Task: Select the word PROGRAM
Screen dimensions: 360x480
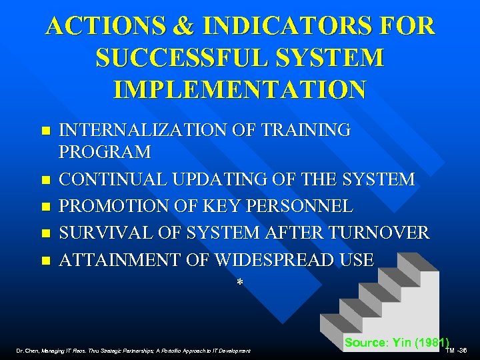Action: (105, 153)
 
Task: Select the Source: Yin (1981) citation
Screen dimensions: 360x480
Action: (397, 343)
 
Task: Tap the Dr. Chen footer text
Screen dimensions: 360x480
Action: (134, 350)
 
